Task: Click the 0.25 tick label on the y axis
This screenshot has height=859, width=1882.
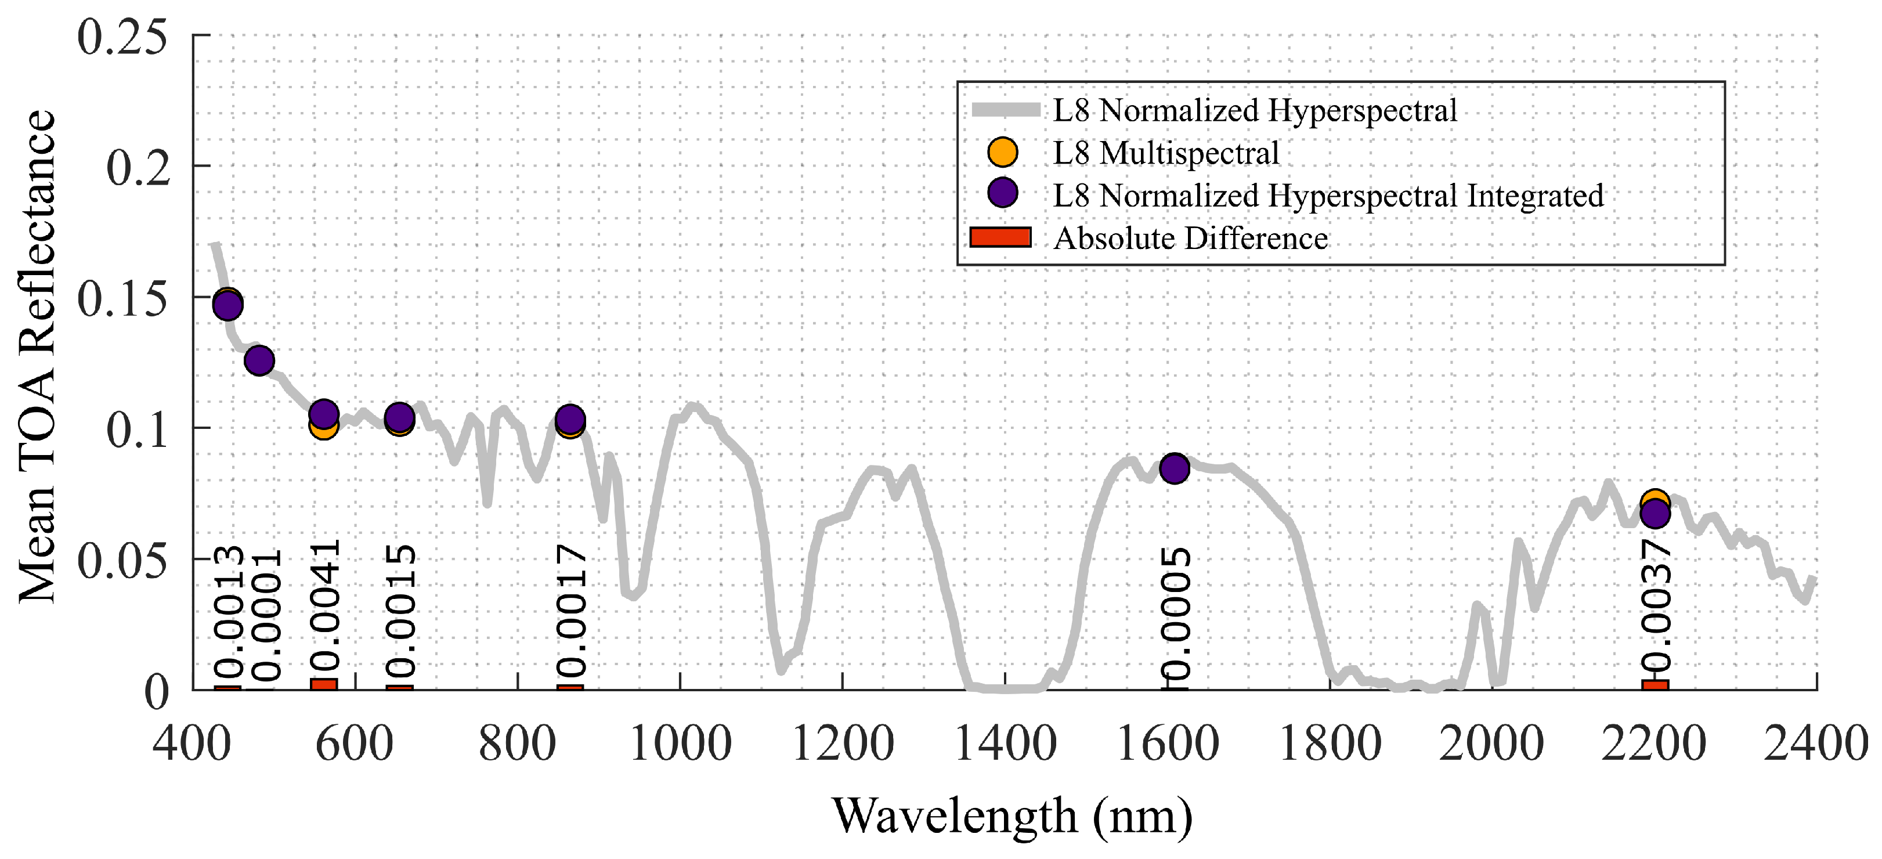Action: (122, 38)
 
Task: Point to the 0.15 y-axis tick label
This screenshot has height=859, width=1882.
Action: (122, 299)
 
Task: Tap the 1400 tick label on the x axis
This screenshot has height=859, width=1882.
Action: (1005, 745)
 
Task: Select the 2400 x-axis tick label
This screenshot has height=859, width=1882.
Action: (1815, 745)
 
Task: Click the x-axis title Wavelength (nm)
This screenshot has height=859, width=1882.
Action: (1012, 816)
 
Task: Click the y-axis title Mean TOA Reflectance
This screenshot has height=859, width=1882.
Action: (37, 356)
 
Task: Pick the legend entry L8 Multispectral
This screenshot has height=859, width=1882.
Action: (1166, 153)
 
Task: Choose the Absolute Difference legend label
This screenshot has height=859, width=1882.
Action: (1190, 239)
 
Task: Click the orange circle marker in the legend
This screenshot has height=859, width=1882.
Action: (1002, 152)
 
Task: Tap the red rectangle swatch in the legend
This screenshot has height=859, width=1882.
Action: (1000, 237)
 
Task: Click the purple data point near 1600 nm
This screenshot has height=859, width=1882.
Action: (1174, 468)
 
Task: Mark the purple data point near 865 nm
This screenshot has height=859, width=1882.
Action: (570, 418)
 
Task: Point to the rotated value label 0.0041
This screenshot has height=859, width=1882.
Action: (324, 607)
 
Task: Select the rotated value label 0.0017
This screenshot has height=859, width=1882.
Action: (570, 610)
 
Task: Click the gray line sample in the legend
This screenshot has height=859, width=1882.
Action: (1005, 110)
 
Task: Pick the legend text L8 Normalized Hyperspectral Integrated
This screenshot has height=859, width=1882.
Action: (1327, 196)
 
